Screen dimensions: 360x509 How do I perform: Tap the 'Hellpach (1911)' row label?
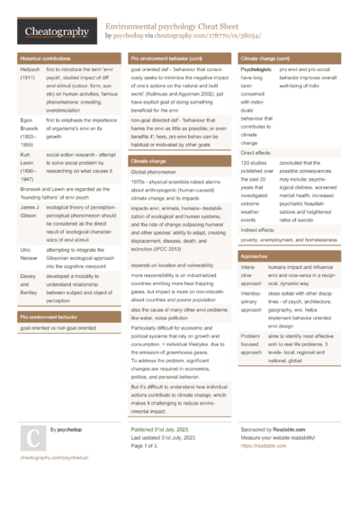click(x=29, y=75)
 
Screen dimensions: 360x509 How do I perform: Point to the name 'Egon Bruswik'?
click(x=28, y=130)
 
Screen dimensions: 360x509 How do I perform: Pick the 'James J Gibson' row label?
click(x=29, y=211)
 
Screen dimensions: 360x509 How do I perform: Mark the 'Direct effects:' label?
click(x=256, y=154)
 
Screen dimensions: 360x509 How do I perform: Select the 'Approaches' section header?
click(x=254, y=256)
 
